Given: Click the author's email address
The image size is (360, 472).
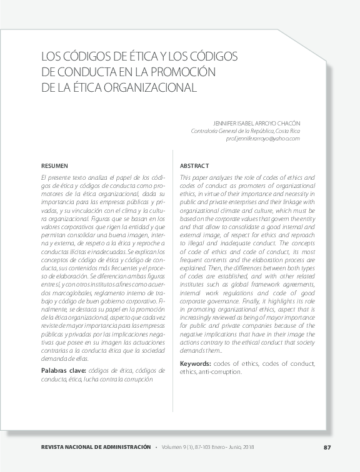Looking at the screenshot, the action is coord(262,139).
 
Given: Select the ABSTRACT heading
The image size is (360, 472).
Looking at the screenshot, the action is coord(194,166).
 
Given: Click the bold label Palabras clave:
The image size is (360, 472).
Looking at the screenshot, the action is coord(60,371).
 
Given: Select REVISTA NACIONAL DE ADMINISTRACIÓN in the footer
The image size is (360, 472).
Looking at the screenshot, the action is coord(95,447).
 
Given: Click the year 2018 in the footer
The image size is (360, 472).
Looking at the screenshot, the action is coord(247,447).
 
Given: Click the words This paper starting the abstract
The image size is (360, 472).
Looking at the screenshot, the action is coord(194,178).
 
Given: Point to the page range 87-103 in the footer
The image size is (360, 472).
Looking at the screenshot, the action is coord(206,447).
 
